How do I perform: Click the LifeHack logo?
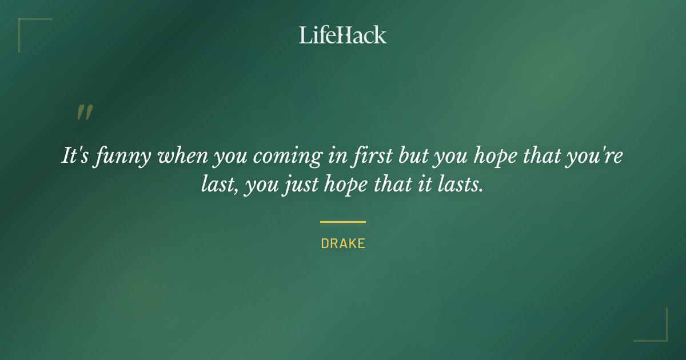[342, 35]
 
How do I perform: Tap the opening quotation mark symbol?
[84, 113]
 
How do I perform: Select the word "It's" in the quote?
[75, 156]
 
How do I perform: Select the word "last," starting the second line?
[218, 185]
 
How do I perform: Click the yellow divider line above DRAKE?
[342, 222]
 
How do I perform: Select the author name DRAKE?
[343, 243]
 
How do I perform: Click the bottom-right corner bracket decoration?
[657, 331]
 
